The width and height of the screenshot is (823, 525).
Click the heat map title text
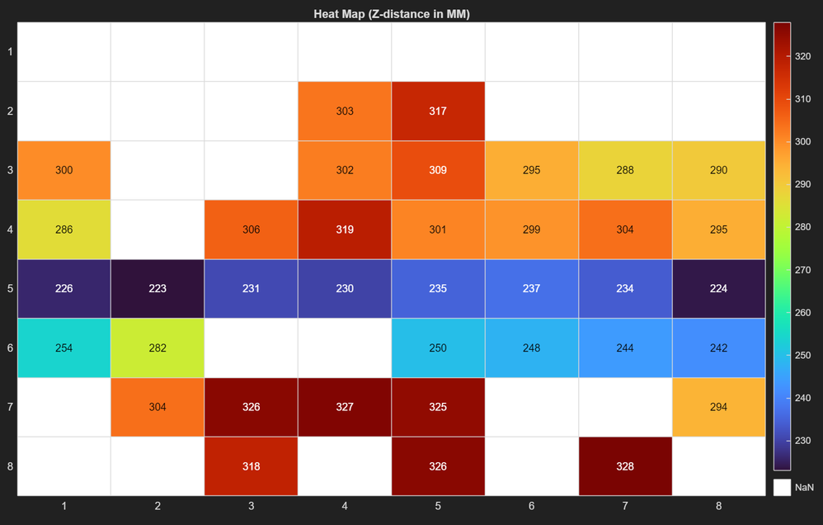[392, 14]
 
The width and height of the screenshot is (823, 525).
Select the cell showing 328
[625, 466]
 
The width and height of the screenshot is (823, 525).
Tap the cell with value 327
[345, 407]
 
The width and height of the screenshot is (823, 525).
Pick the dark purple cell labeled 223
[158, 289]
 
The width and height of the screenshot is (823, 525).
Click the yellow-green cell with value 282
[158, 348]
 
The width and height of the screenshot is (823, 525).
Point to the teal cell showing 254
[64, 348]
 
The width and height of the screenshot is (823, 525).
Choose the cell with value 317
[438, 111]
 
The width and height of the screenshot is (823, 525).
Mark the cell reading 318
[252, 466]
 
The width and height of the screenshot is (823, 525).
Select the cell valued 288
[625, 171]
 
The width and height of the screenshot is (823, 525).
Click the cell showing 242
[718, 348]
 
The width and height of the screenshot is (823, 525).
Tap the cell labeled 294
[718, 407]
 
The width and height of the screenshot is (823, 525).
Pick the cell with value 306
[252, 229]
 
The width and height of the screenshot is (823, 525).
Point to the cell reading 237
[532, 289]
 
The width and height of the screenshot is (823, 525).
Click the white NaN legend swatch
[782, 487]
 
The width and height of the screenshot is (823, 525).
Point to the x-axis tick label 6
[532, 506]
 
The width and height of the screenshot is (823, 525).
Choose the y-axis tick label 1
[10, 52]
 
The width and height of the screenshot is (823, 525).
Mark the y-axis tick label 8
[10, 466]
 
